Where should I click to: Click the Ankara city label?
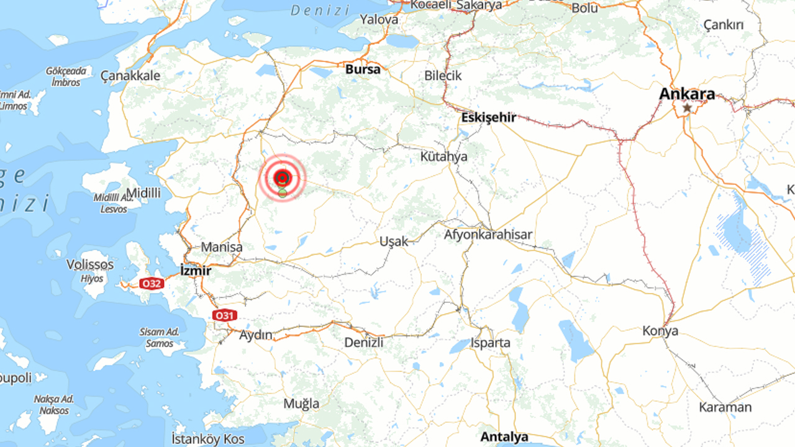(x=686, y=94)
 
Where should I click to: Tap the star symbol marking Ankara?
(x=687, y=107)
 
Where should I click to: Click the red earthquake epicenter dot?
(x=282, y=178)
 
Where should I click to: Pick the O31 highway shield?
(x=224, y=315)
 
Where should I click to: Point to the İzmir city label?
(x=195, y=271)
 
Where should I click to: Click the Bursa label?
(x=363, y=70)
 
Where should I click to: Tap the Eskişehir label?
(x=489, y=117)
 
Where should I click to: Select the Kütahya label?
(x=443, y=156)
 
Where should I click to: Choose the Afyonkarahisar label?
(x=488, y=235)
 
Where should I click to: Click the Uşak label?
(x=394, y=241)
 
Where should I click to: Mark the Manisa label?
(x=222, y=247)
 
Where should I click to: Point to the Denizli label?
(x=363, y=342)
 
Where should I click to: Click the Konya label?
(x=660, y=330)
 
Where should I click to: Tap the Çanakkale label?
(x=130, y=76)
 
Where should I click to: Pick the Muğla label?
(x=301, y=404)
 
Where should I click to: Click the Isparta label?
(x=491, y=343)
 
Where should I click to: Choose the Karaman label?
(x=725, y=407)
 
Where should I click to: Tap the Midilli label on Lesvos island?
(x=143, y=193)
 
